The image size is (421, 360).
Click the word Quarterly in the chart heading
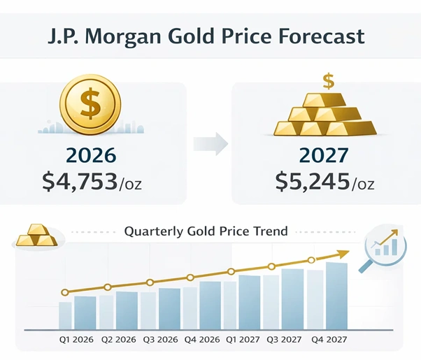tap(152, 231)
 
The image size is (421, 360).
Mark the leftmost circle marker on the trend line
tap(64, 292)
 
